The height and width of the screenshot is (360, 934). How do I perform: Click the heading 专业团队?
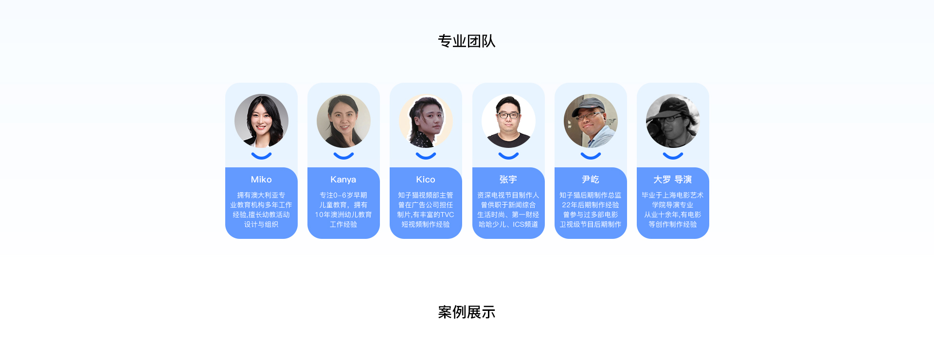click(x=467, y=41)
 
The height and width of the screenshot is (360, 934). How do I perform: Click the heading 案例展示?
click(x=467, y=312)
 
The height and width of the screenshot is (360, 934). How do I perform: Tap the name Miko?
click(x=261, y=180)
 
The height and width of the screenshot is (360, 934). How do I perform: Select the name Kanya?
click(x=343, y=180)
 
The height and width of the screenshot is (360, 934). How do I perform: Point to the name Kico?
click(x=426, y=180)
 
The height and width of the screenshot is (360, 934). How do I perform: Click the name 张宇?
click(x=508, y=180)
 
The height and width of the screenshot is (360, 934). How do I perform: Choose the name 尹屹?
click(x=591, y=180)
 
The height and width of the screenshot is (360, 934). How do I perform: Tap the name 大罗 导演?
click(x=673, y=180)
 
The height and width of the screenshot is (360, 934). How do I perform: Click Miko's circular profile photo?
click(x=261, y=121)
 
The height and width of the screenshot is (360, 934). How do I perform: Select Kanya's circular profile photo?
click(x=343, y=121)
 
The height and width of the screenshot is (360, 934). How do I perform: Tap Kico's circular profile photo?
click(x=426, y=121)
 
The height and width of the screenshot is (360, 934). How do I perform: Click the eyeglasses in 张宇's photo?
click(x=508, y=115)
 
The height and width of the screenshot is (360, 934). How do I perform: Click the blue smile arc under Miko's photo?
click(x=261, y=157)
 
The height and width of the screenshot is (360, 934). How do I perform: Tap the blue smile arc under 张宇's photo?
click(x=508, y=157)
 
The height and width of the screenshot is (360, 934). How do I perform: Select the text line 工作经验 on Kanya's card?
click(x=343, y=224)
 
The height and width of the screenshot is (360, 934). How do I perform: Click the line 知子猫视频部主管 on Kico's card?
click(x=426, y=195)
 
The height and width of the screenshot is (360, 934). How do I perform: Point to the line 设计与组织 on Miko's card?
click(x=261, y=224)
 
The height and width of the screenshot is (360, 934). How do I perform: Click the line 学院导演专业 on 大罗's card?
click(x=673, y=205)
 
